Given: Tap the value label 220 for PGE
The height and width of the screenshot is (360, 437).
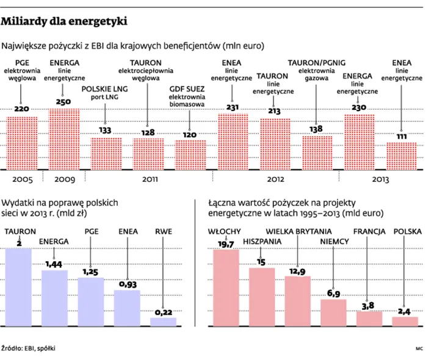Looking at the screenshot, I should (21, 109).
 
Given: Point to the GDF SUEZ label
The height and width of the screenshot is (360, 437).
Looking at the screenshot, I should (190, 89).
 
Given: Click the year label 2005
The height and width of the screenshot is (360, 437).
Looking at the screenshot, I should (21, 179).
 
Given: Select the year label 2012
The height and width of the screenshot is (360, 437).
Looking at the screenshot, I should (275, 179).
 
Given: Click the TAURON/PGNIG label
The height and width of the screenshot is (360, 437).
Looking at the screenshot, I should (317, 63).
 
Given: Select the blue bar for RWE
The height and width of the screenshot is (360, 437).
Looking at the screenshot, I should (163, 321).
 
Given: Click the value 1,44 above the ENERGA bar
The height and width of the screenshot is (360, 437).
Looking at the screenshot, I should (54, 263).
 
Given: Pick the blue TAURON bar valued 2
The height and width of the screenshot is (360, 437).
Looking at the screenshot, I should (18, 286).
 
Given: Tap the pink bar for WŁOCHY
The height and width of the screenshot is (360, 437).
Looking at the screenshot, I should (226, 287).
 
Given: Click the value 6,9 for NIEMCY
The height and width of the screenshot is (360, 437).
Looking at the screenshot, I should (333, 293).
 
